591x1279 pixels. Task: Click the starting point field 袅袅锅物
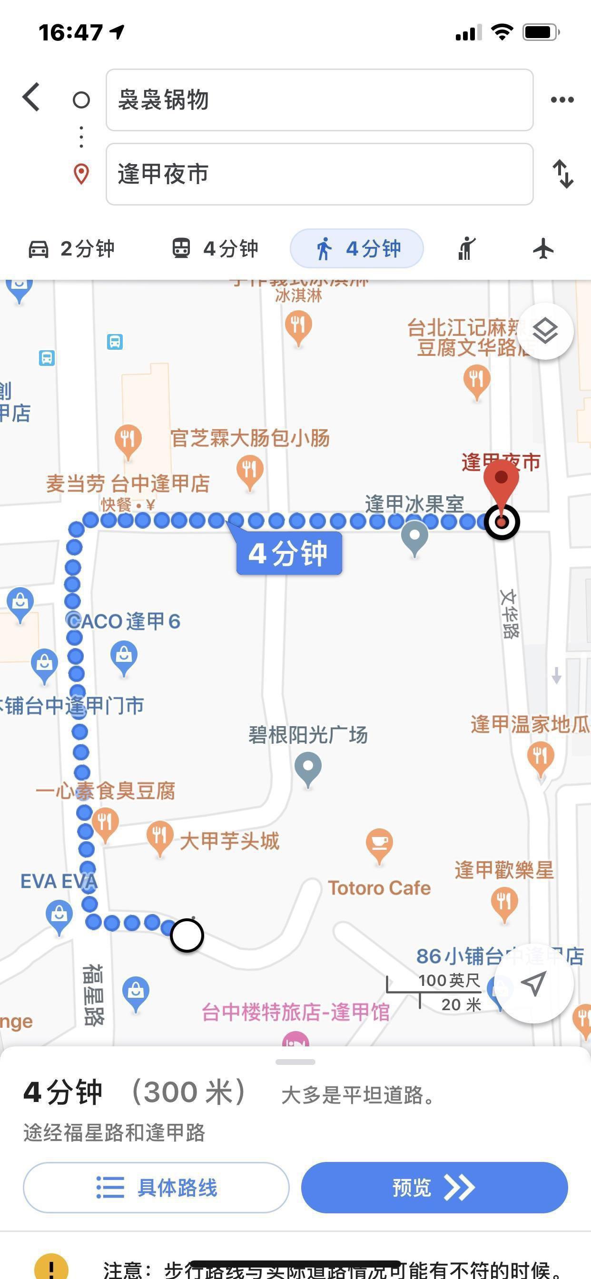[x=319, y=100]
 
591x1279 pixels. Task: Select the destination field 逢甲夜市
[x=319, y=174]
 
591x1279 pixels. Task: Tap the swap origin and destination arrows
[x=563, y=174]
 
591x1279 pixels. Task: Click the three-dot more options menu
[x=562, y=100]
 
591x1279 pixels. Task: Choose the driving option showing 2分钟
[x=71, y=248]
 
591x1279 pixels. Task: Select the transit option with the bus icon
[x=215, y=248]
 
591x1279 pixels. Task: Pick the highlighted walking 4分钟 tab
[x=356, y=248]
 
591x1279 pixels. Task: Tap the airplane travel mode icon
[x=543, y=248]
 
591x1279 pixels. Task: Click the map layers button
[x=545, y=331]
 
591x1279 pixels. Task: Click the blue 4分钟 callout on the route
[x=288, y=552]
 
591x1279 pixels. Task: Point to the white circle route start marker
[x=187, y=935]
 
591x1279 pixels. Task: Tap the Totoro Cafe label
[x=379, y=888]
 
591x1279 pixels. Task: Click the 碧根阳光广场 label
[x=308, y=735]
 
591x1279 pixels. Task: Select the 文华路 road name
[x=510, y=614]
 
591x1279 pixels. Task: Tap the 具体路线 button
[x=156, y=1188]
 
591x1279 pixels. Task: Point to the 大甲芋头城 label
[x=229, y=841]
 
